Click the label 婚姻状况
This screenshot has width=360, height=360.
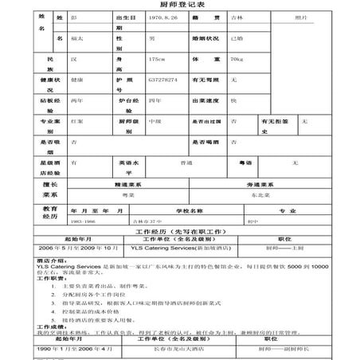(205, 37)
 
